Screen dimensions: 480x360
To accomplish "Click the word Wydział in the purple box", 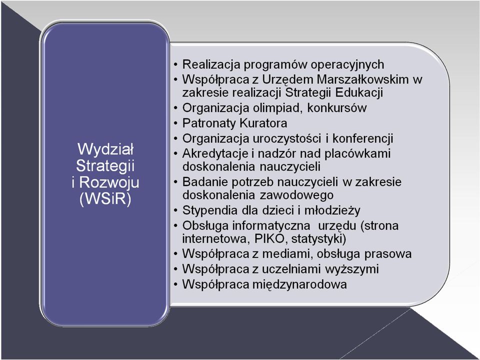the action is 105,149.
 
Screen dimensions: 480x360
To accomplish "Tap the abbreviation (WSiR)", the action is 105,199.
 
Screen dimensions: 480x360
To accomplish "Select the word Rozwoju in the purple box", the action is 109,183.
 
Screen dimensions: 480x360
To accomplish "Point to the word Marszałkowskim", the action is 363,79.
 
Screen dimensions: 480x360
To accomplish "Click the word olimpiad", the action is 278,108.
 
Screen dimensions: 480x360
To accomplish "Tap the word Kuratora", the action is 263,123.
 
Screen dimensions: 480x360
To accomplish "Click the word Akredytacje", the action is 215,153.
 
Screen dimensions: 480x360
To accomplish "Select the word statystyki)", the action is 319,239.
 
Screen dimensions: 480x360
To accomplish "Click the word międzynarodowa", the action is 299,284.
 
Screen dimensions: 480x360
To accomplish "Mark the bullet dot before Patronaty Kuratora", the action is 175,123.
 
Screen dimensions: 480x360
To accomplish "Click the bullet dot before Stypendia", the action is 175,211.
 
